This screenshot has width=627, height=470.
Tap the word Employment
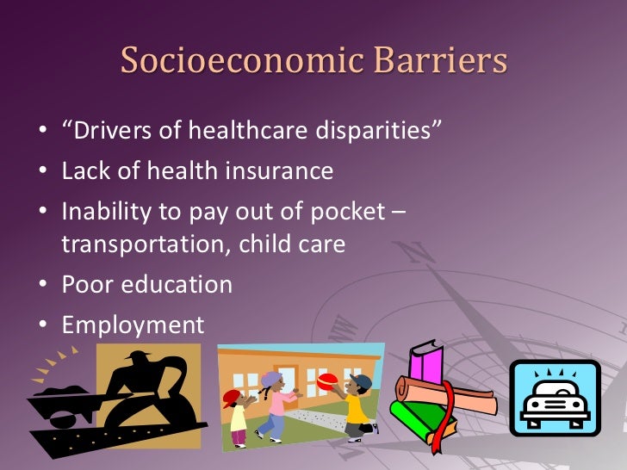coord(133,325)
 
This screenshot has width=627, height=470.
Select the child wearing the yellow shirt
coord(355,407)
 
